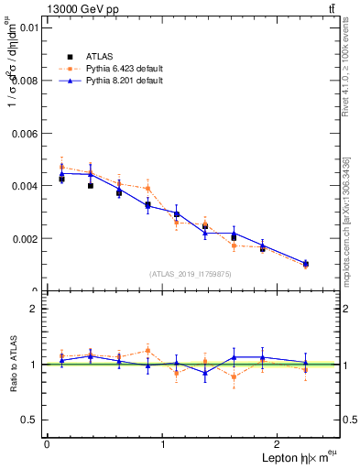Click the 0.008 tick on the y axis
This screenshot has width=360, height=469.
tap(25, 81)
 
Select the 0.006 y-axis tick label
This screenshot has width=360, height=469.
tap(25, 133)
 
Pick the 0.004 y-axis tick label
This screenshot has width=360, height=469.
tap(25, 186)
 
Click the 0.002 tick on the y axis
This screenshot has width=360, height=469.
tap(25, 239)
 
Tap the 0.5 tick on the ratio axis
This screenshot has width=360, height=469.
tap(30, 420)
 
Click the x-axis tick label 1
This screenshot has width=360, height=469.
tap(163, 444)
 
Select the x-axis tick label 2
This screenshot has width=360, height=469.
tap(279, 444)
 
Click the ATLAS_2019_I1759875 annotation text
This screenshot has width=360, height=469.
tap(191, 273)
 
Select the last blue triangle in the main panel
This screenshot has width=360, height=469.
tap(306, 263)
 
